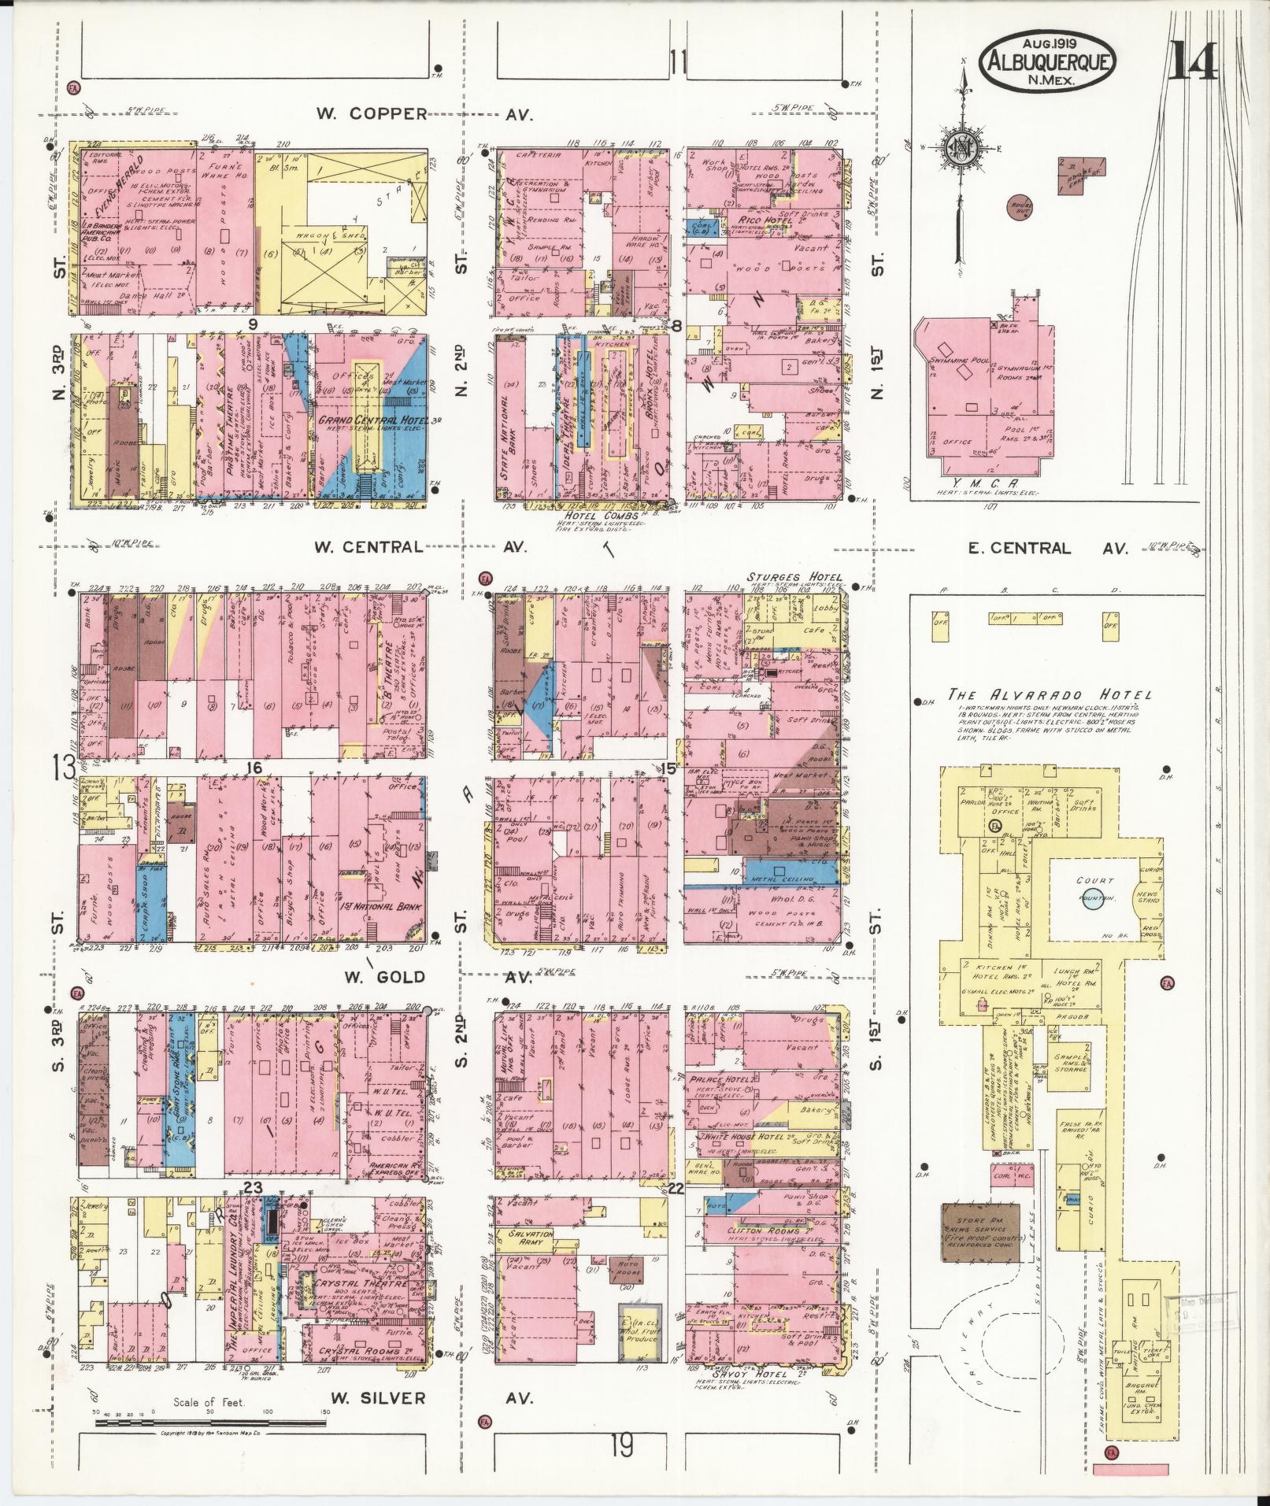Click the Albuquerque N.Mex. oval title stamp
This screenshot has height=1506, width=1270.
coord(1047,61)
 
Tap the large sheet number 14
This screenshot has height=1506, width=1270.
coord(1192,61)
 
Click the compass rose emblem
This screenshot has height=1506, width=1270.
coord(961,150)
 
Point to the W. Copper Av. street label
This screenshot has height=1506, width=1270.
coord(425,114)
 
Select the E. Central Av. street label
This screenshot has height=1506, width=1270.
coord(1047,549)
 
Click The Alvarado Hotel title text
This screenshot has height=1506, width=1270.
coord(1049,695)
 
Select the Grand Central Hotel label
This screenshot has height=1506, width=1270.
coord(379,420)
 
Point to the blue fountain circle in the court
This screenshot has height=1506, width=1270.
coord(1093,901)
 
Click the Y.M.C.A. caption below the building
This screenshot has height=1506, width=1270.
coord(987,484)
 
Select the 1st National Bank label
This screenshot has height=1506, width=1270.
coord(377,907)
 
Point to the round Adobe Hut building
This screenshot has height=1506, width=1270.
coord(1021,206)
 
